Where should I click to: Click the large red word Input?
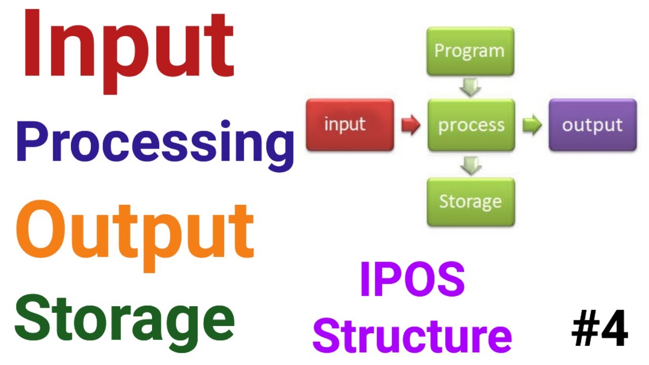click(x=128, y=48)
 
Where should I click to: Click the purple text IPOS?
click(x=412, y=280)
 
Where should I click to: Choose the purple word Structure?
click(x=412, y=335)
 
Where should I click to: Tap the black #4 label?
click(x=599, y=330)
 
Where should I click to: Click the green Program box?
click(x=470, y=51)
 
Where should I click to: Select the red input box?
click(x=350, y=125)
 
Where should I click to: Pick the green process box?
click(x=471, y=125)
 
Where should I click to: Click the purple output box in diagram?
click(x=592, y=125)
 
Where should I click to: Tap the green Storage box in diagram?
click(x=471, y=201)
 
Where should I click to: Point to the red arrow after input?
click(x=411, y=125)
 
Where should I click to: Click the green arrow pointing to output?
click(x=532, y=125)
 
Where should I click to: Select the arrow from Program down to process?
click(x=471, y=87)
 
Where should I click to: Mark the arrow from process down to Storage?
click(x=471, y=164)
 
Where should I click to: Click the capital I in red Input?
click(x=31, y=48)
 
